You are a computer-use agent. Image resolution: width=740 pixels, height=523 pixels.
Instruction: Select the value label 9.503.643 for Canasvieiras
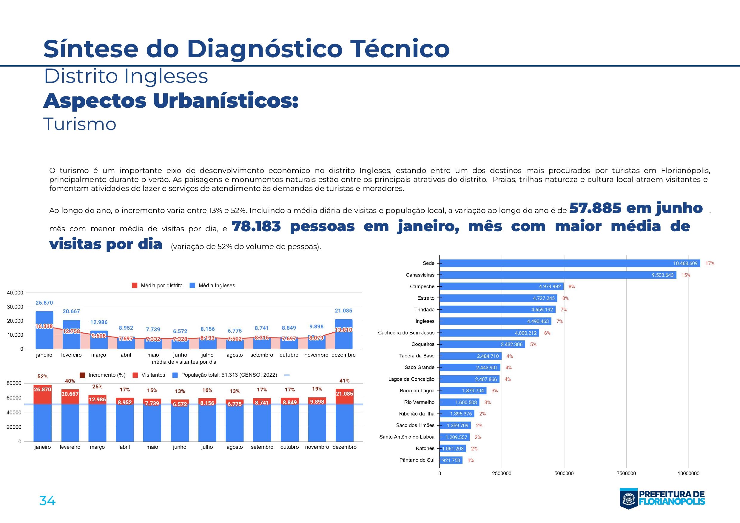point(662,275)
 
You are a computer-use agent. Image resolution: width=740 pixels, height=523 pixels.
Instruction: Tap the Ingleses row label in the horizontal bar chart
point(425,321)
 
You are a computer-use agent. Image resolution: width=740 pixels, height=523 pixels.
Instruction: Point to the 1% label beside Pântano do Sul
point(471,460)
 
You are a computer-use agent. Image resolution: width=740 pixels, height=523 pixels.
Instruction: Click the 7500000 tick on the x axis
point(626,473)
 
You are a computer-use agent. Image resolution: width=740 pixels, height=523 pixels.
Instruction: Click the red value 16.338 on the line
point(44,326)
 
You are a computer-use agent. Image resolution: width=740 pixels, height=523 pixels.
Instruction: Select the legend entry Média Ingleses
point(216,286)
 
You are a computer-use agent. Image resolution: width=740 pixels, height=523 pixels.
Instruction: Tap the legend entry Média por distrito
point(161,286)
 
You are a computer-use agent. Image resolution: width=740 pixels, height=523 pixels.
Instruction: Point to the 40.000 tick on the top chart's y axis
point(15,293)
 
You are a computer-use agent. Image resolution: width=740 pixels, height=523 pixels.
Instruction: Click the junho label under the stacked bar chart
point(180,447)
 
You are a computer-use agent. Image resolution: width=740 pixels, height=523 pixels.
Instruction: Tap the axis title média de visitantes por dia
point(184,362)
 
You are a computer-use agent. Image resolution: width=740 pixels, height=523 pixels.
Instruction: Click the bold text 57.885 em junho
point(636,208)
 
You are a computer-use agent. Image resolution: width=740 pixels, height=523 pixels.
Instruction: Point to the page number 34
point(47,500)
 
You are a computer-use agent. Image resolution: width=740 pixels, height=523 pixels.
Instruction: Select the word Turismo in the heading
point(80,124)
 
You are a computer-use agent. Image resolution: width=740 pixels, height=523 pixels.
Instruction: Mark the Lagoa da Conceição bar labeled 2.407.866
point(469,379)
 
